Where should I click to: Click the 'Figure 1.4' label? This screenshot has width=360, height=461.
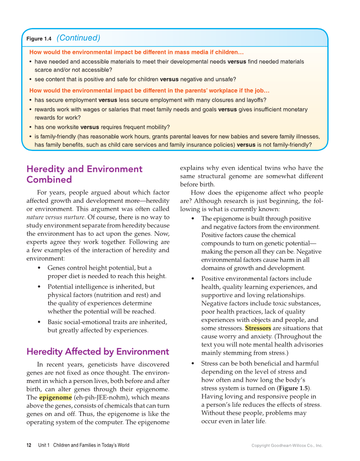coord(39,39)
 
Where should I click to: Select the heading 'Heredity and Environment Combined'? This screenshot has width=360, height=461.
coord(84,174)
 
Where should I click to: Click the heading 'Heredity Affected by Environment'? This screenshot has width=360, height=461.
coord(98,352)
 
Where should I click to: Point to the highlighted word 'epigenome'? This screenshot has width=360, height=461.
coord(55,398)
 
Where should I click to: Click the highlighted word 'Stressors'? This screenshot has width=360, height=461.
coord(258,328)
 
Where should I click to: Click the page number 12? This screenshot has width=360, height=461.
coord(29,445)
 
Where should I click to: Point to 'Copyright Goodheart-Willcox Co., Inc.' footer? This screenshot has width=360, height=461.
coord(287,446)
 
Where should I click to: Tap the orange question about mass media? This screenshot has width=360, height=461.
coord(137,53)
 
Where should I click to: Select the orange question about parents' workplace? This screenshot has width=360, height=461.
coord(149,91)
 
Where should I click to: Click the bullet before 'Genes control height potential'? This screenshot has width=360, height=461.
coord(39,268)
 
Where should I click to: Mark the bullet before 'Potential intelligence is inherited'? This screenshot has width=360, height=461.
coord(39,287)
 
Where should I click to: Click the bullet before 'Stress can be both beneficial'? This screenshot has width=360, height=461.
coord(193,363)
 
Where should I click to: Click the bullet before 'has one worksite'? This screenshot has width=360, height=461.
coord(30,127)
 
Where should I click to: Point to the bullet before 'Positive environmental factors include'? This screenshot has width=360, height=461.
coord(193,279)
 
